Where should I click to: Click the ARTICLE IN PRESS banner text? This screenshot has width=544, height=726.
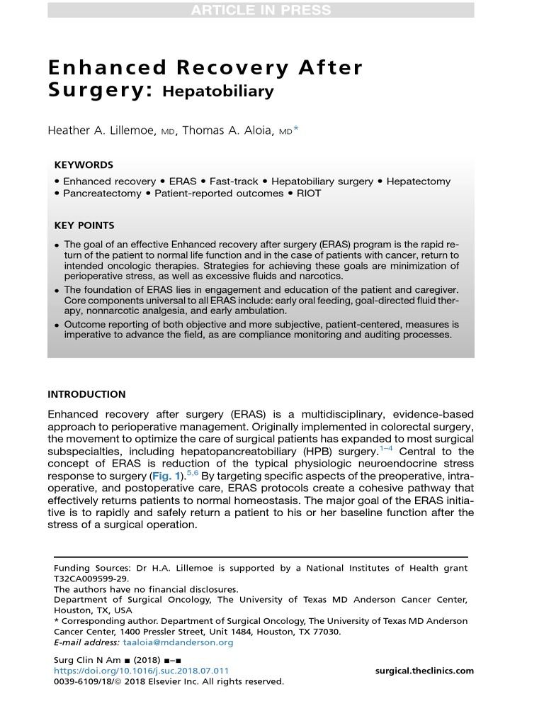click(261, 10)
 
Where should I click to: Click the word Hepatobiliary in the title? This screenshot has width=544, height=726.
click(218, 91)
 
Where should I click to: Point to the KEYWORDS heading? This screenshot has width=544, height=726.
click(84, 165)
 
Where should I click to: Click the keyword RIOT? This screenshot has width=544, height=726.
click(308, 194)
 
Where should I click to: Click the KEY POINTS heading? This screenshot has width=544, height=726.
click(84, 225)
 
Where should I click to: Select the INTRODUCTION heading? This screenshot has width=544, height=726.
click(86, 394)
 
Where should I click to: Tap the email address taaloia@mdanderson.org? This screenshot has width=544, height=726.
click(178, 642)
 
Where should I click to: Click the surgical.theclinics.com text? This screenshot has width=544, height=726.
click(424, 671)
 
